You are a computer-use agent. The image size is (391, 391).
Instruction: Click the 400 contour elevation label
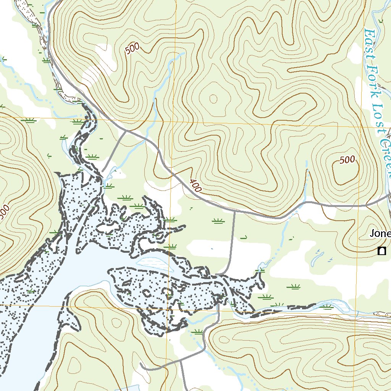tap(195, 186)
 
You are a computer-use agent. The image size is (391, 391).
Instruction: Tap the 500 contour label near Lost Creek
tap(347, 160)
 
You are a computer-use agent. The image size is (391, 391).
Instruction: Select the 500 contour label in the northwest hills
tap(132, 49)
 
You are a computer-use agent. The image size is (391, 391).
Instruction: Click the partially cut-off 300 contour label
tap(4, 213)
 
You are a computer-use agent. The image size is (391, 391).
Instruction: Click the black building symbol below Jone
tap(381, 251)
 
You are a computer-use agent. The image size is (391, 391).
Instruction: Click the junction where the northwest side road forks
tap(126, 131)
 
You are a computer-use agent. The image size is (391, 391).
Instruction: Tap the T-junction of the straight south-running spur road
tap(234, 211)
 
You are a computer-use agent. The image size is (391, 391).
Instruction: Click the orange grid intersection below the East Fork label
tap(361, 126)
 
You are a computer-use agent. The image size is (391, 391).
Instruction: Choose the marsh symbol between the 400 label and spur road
tap(218, 221)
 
